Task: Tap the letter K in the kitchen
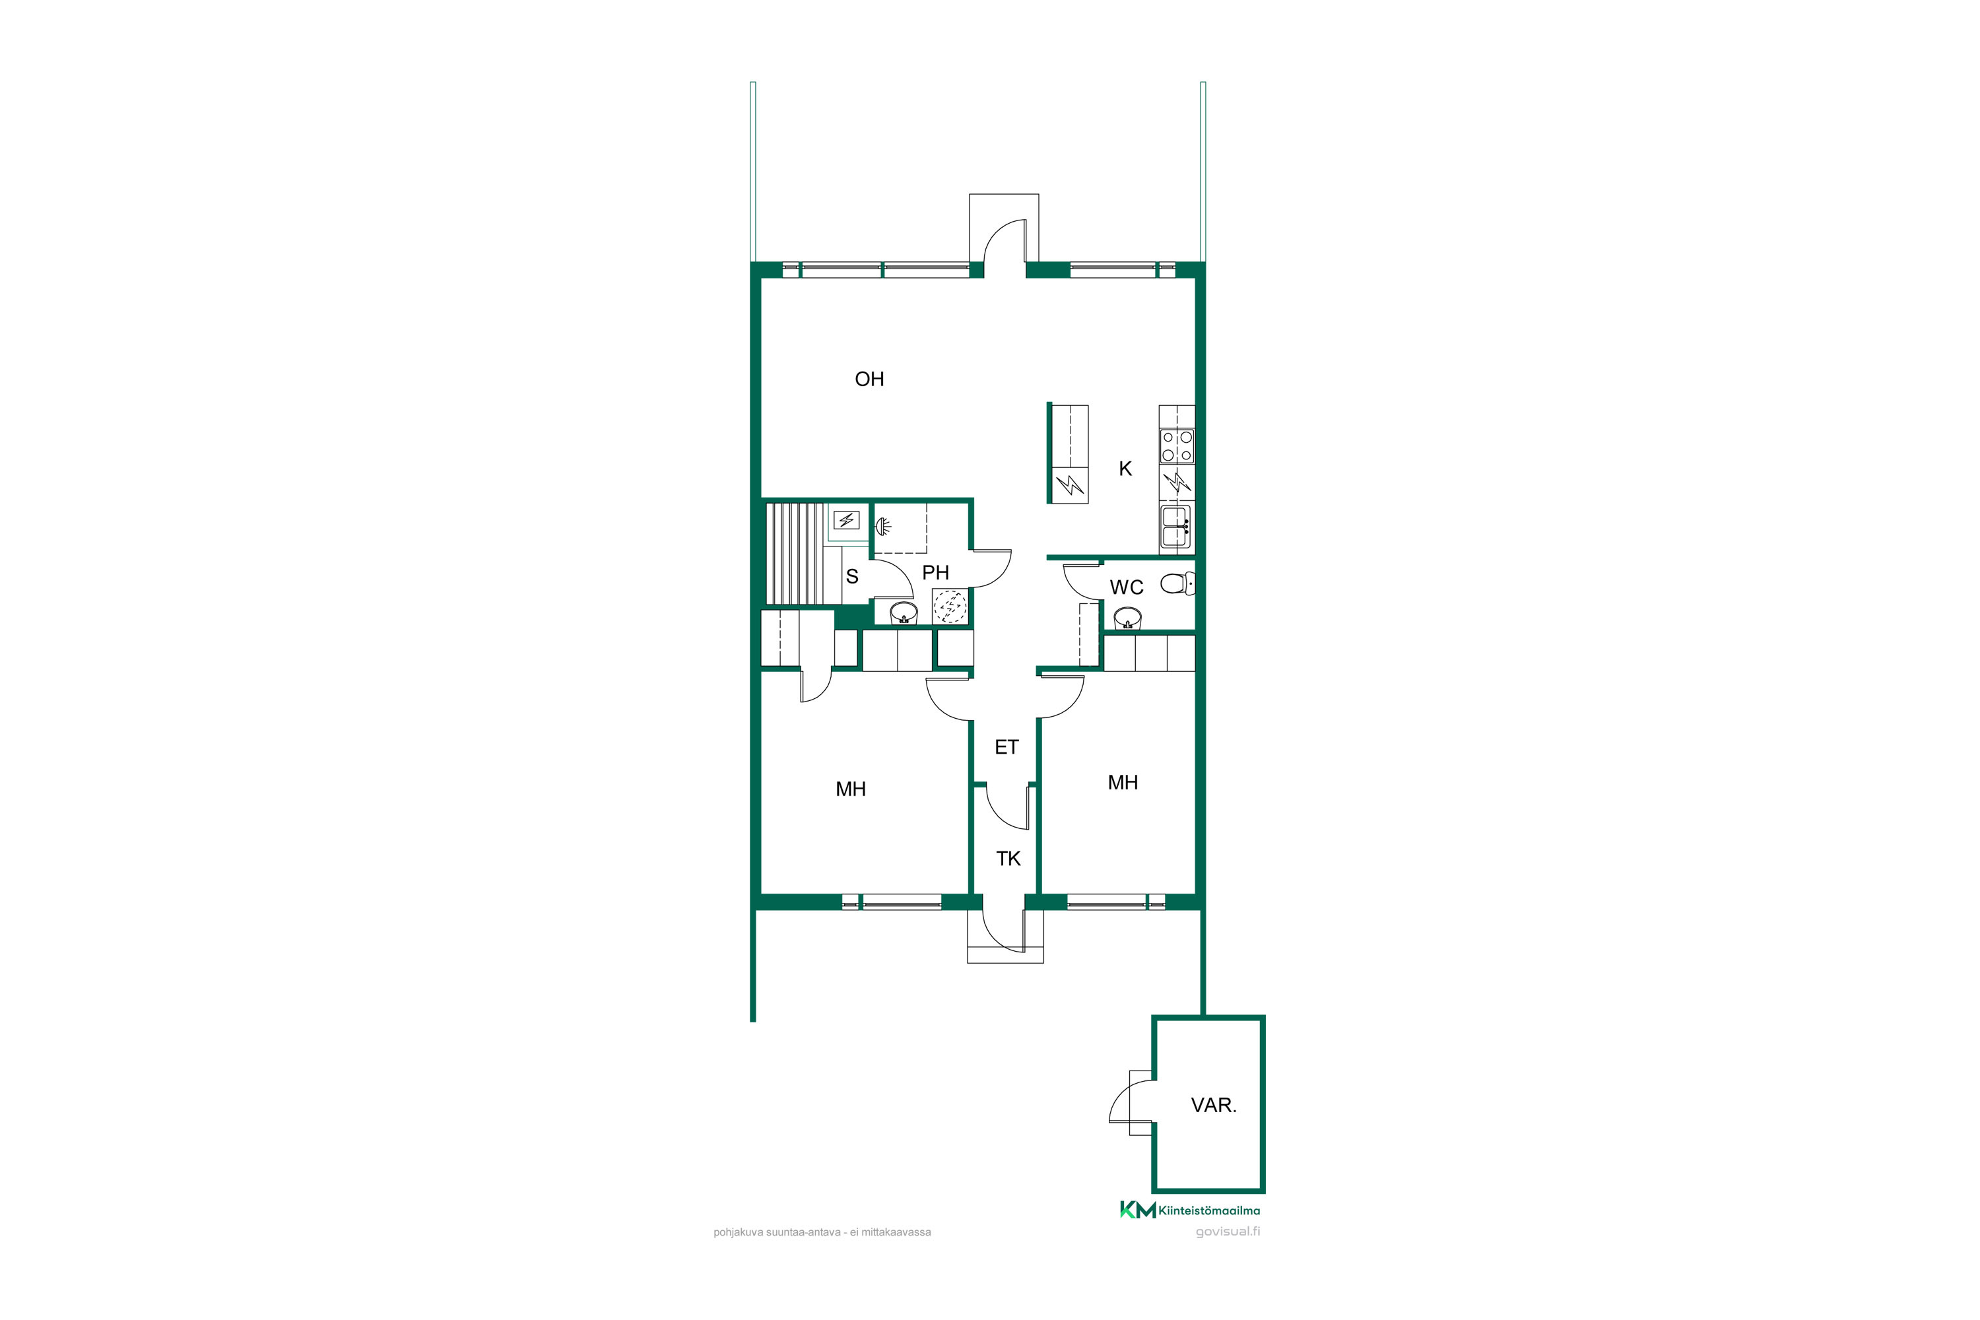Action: click(1125, 469)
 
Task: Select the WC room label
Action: click(1127, 587)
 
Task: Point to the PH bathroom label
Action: click(935, 572)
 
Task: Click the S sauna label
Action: click(852, 577)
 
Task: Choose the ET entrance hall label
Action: click(1007, 746)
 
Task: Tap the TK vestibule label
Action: click(1008, 859)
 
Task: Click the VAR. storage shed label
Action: click(1213, 1105)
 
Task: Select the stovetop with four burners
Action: click(1177, 445)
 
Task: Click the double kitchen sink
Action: click(1176, 526)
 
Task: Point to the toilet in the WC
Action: click(1177, 583)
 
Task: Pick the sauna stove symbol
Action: click(847, 520)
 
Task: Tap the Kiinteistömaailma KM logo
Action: click(1189, 1210)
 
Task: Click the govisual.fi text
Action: click(1228, 1232)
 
